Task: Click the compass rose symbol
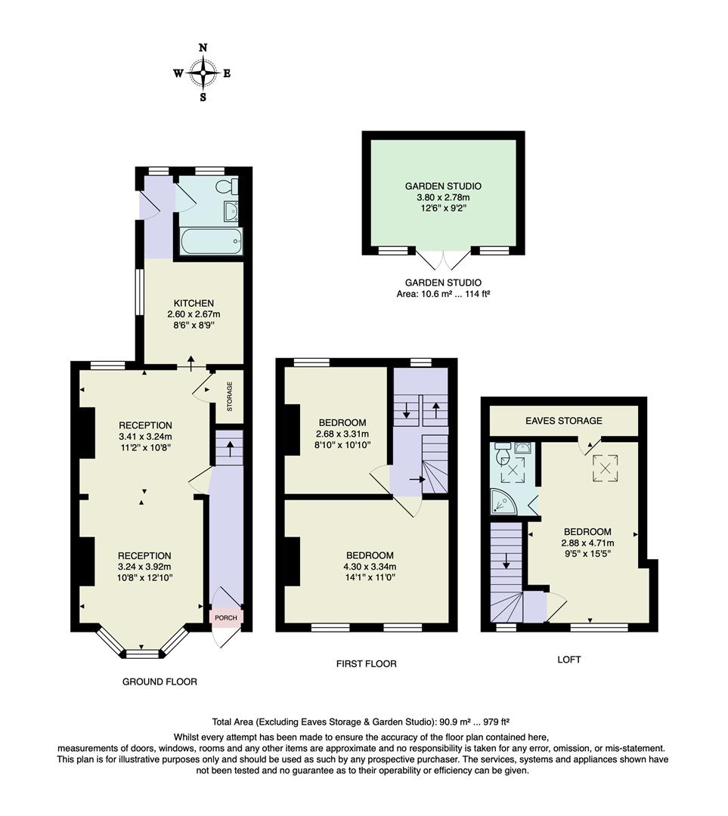[203, 73]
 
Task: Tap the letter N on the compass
[203, 48]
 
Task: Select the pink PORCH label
[226, 618]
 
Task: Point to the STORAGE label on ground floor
[230, 396]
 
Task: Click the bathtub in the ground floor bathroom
[211, 243]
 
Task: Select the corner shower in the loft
[503, 500]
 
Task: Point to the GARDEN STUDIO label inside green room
[443, 186]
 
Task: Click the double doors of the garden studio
[443, 260]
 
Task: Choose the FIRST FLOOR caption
[367, 664]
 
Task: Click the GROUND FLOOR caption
[160, 682]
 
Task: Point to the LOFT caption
[569, 660]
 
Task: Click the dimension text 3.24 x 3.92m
[144, 567]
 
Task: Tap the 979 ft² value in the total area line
[499, 722]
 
